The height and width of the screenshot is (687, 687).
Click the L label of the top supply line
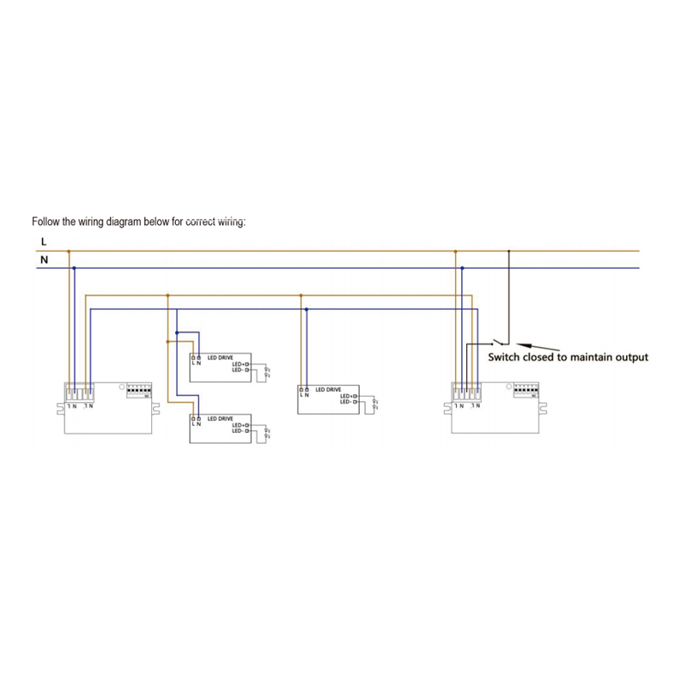44,243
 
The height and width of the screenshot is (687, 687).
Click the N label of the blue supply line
44,258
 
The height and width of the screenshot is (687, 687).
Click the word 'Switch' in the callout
506,357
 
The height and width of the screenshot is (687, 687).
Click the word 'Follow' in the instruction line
46,221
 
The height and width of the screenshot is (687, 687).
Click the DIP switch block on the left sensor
138,391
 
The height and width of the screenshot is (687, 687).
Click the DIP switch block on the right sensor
526,391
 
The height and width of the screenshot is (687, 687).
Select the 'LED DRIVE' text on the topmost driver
221,357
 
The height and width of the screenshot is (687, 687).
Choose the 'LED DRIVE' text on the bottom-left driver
221,418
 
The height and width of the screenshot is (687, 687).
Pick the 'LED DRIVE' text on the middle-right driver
329,389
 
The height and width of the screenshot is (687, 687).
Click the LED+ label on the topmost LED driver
239,365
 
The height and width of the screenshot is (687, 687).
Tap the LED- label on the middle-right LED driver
347,402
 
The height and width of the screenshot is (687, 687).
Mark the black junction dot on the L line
508,251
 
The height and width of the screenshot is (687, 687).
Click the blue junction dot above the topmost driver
176,332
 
